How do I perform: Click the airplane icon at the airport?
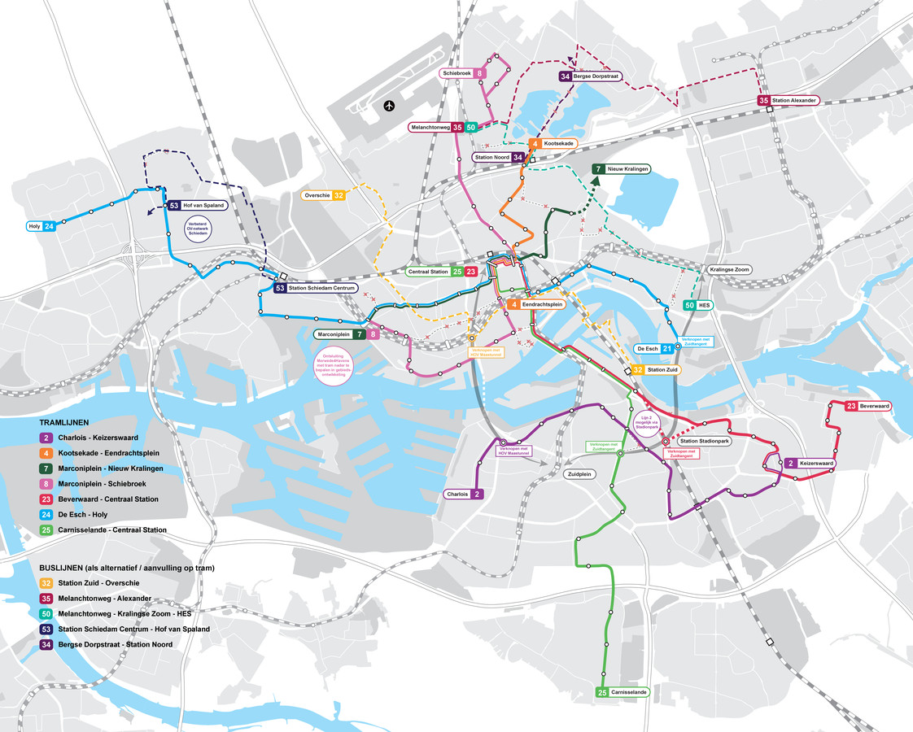click(x=390, y=105)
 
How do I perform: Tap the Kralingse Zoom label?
click(x=729, y=268)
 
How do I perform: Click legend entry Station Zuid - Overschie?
click(x=98, y=583)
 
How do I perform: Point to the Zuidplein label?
click(x=579, y=473)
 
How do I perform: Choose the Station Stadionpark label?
click(x=701, y=441)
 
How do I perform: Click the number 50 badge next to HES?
click(x=690, y=305)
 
